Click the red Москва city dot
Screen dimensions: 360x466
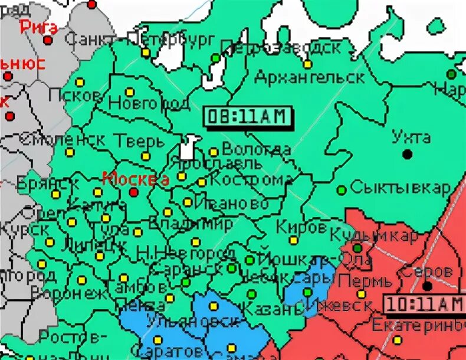pyautogui.click(x=134, y=192)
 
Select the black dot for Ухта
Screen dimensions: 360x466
pyautogui.click(x=406, y=155)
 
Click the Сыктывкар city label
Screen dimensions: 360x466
pyautogui.click(x=399, y=188)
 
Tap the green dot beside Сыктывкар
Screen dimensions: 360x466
pyautogui.click(x=341, y=190)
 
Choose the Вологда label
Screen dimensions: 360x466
pyautogui.click(x=256, y=150)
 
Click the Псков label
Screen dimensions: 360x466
pyautogui.click(x=73, y=95)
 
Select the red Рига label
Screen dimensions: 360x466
pyautogui.click(x=39, y=27)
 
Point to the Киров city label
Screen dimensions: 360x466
pyautogui.click(x=301, y=227)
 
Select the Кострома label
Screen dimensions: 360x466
pyautogui.click(x=247, y=180)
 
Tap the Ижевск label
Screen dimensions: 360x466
pyautogui.click(x=337, y=306)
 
